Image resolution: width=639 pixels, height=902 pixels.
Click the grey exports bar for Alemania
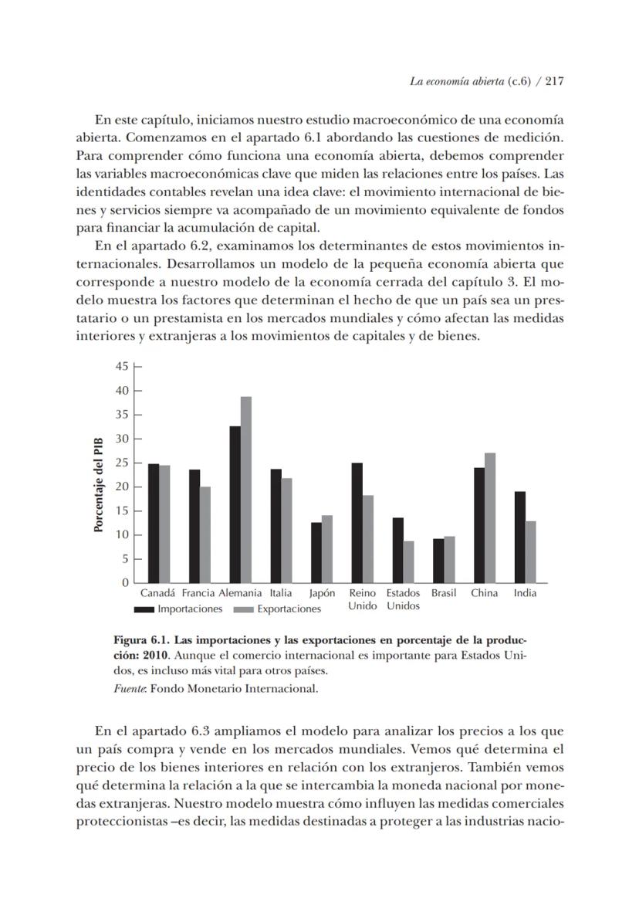click(246, 490)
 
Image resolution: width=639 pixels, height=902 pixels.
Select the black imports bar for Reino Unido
click(357, 523)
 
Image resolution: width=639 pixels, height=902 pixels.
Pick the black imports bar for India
click(520, 537)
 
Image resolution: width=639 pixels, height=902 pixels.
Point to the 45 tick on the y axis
click(122, 366)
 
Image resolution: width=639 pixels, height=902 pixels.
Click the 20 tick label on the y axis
click(122, 487)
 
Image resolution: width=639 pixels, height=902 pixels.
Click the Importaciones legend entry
click(189, 609)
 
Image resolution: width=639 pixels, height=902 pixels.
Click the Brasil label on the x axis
click(444, 593)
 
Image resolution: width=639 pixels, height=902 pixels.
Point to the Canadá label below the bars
click(158, 593)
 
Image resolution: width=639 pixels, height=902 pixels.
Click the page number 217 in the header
click(556, 81)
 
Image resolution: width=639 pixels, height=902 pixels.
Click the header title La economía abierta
click(456, 81)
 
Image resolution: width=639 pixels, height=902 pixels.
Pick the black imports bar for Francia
click(194, 526)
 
